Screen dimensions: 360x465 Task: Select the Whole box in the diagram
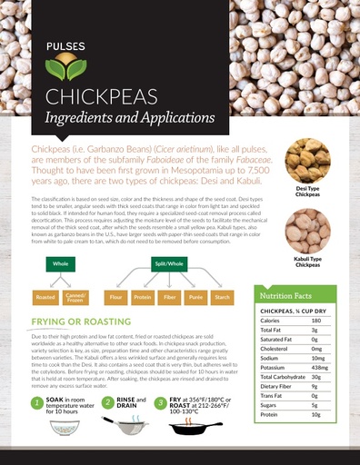pyautogui.click(x=61, y=262)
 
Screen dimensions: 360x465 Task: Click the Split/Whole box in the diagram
pyautogui.click(x=169, y=262)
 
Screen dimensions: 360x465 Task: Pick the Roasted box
pyautogui.click(x=45, y=297)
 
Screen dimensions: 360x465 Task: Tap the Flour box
pyautogui.click(x=115, y=297)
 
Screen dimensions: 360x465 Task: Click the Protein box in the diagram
pyautogui.click(x=143, y=297)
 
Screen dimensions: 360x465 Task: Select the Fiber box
pyautogui.click(x=170, y=297)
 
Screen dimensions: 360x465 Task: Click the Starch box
pyautogui.click(x=225, y=297)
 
